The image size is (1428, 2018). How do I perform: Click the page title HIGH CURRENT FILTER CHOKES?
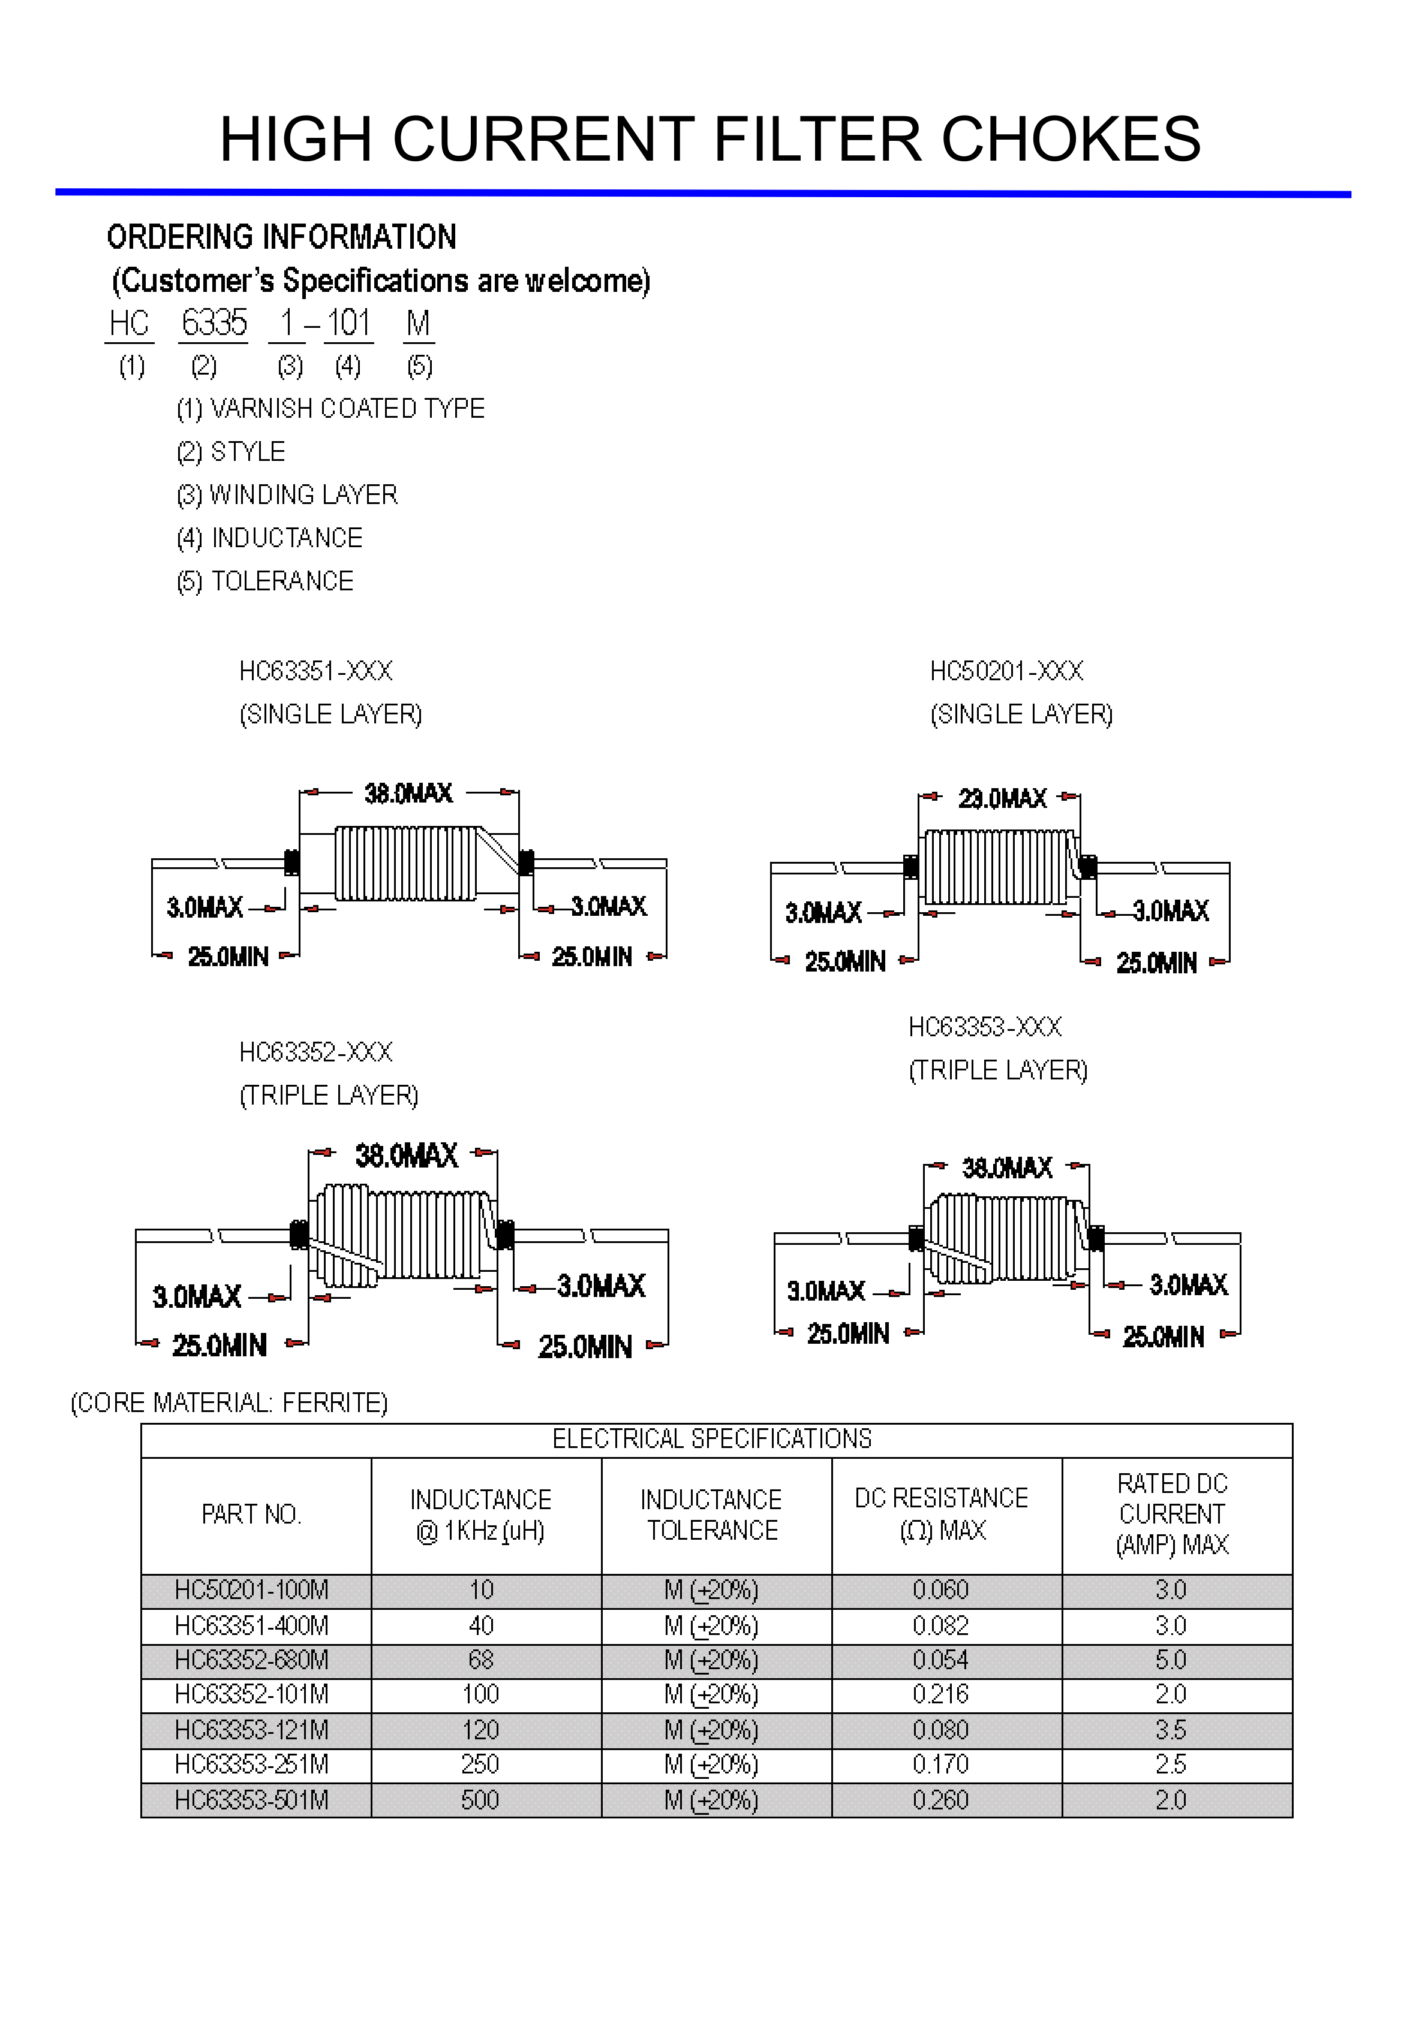click(710, 139)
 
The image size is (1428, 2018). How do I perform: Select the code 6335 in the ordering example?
click(214, 324)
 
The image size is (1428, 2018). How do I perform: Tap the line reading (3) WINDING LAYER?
click(287, 495)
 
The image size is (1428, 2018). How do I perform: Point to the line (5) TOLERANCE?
click(264, 581)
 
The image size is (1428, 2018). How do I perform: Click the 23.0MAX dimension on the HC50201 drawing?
click(1002, 798)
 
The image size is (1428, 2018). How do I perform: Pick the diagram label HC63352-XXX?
click(315, 1052)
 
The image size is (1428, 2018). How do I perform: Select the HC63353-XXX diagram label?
click(985, 1027)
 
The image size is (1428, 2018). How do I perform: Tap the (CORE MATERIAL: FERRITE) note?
click(229, 1402)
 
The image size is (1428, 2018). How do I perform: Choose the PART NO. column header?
click(251, 1515)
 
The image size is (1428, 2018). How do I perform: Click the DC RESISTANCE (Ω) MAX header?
click(941, 1515)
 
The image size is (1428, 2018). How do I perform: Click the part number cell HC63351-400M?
click(251, 1626)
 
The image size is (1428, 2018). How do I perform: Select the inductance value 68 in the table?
click(481, 1660)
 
